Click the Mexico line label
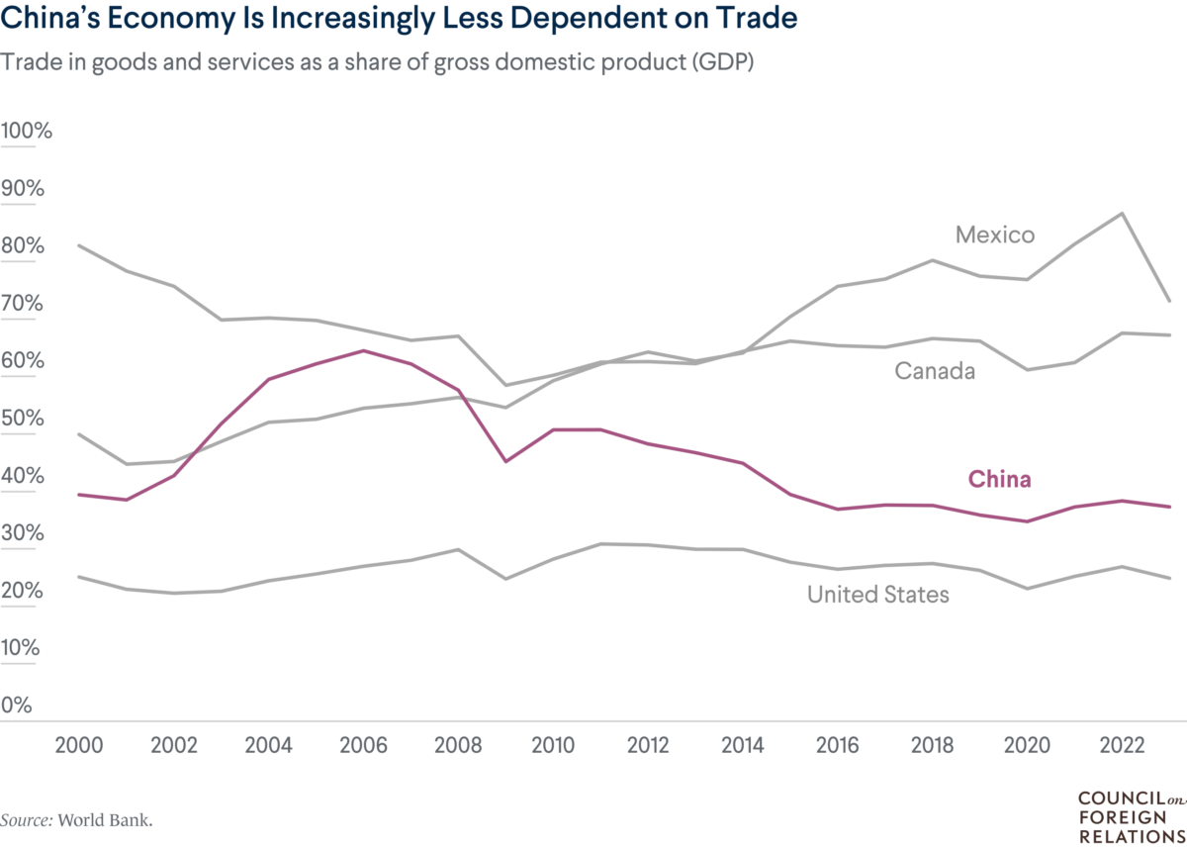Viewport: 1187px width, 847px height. [994, 235]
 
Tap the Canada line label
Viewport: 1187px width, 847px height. [935, 371]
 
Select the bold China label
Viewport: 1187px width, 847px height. [999, 480]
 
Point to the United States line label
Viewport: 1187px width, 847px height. [877, 595]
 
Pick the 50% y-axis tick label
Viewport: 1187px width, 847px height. [23, 419]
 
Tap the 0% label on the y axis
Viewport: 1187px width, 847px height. [18, 706]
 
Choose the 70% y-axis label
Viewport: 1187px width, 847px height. [23, 304]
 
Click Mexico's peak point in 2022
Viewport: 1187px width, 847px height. [1122, 213]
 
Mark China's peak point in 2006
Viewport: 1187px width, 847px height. [363, 350]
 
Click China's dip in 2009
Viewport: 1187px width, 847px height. [504, 461]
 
